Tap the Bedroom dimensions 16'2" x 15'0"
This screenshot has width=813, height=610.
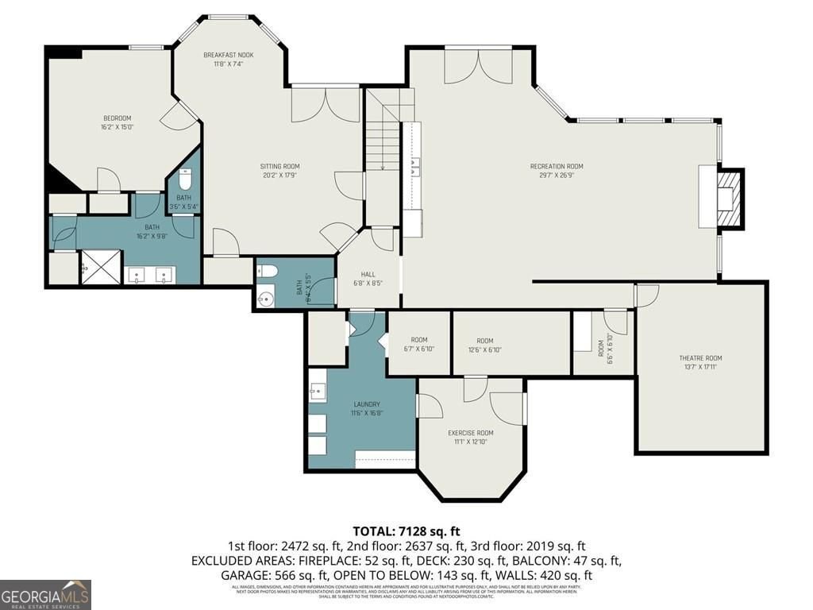(116, 126)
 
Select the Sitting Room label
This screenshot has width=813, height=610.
(279, 166)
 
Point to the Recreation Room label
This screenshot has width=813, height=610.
(556, 166)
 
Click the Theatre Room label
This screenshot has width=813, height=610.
(702, 358)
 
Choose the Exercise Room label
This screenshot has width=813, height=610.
(470, 433)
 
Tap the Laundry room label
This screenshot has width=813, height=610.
(366, 404)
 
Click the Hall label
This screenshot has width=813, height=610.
(368, 274)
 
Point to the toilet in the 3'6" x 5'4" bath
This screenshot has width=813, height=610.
(184, 178)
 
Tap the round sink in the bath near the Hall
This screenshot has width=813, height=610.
(266, 299)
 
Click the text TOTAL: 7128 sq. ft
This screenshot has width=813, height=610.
(406, 531)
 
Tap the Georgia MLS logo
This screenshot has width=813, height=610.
(45, 594)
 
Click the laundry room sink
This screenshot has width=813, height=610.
(318, 391)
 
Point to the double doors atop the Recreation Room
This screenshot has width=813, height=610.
(478, 66)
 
